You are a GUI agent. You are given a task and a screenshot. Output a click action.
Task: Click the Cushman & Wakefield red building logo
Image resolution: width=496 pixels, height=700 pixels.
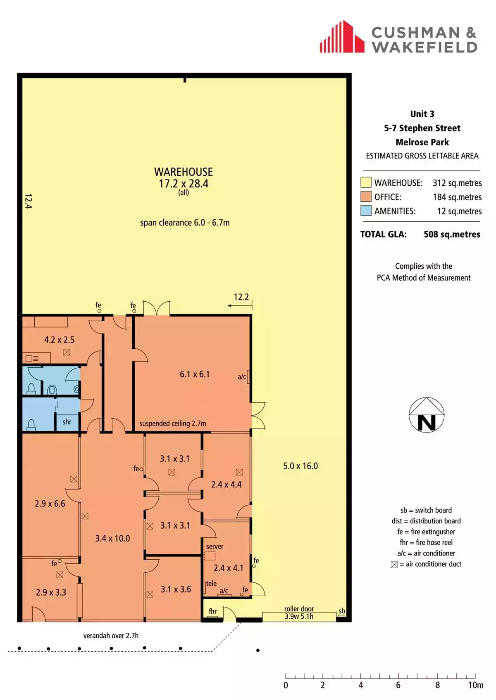pyautogui.click(x=342, y=37)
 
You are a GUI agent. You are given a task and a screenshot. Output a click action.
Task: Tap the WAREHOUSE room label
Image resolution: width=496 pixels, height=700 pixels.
pyautogui.click(x=184, y=172)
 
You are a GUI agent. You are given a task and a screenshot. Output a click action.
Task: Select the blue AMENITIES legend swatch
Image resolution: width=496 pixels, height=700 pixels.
pyautogui.click(x=366, y=211)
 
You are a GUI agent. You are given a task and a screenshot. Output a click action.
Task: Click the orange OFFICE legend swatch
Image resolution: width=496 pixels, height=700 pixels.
pyautogui.click(x=366, y=197)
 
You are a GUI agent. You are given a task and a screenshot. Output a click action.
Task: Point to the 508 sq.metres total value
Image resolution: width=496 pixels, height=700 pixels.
pyautogui.click(x=452, y=234)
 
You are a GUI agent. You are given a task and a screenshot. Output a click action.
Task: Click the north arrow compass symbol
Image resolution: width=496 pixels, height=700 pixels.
pyautogui.click(x=427, y=415)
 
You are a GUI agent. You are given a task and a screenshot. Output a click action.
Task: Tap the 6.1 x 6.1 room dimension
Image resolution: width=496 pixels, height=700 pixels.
pyautogui.click(x=195, y=374)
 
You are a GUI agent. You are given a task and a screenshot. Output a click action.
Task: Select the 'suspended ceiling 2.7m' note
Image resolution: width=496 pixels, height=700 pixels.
pyautogui.click(x=172, y=423)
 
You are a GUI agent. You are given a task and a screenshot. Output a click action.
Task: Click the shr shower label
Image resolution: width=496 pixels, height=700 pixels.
pyautogui.click(x=67, y=422)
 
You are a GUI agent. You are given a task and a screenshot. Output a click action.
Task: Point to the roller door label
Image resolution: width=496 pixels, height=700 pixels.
pyautogui.click(x=299, y=609)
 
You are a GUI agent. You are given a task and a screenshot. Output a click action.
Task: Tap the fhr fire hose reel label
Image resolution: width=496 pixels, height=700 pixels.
pyautogui.click(x=213, y=611)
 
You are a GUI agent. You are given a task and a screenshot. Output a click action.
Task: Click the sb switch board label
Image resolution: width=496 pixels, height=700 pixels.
pyautogui.click(x=342, y=611)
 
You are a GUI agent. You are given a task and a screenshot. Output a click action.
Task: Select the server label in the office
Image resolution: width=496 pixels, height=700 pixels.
pyautogui.click(x=215, y=546)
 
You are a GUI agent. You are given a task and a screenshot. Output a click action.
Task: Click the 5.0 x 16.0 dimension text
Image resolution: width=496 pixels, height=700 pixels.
pyautogui.click(x=300, y=466)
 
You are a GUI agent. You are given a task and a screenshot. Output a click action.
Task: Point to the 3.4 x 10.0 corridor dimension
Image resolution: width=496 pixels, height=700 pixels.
pyautogui.click(x=112, y=538)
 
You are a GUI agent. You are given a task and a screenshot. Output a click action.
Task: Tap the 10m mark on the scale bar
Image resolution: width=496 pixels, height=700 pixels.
pyautogui.click(x=476, y=685)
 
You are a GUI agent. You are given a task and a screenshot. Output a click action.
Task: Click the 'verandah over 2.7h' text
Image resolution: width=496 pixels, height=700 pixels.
pyautogui.click(x=111, y=636)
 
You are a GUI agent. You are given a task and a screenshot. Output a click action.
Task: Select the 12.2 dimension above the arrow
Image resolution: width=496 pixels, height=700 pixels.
pyautogui.click(x=241, y=297)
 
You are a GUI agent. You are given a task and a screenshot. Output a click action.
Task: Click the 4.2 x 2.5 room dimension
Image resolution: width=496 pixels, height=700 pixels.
pyautogui.click(x=60, y=340)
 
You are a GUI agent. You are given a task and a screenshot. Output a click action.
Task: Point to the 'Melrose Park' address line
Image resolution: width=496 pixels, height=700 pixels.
pyautogui.click(x=422, y=142)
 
